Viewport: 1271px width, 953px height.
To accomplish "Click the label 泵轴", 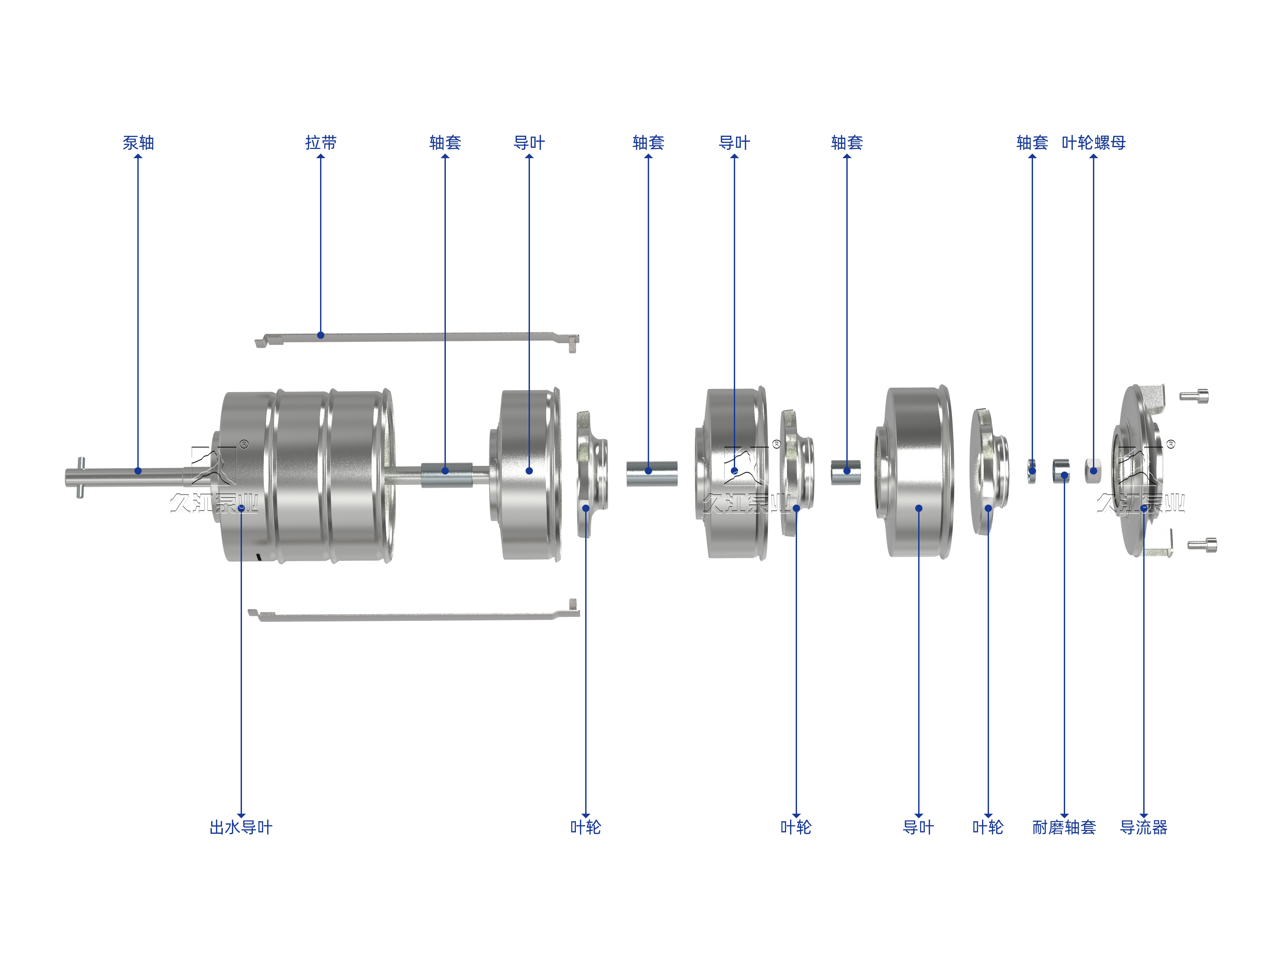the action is pos(138,143).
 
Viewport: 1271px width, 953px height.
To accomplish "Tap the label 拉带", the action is pos(321,143).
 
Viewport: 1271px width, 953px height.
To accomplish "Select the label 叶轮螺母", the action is pos(1094,143).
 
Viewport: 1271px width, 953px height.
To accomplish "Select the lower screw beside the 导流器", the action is pos(1202,545).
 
